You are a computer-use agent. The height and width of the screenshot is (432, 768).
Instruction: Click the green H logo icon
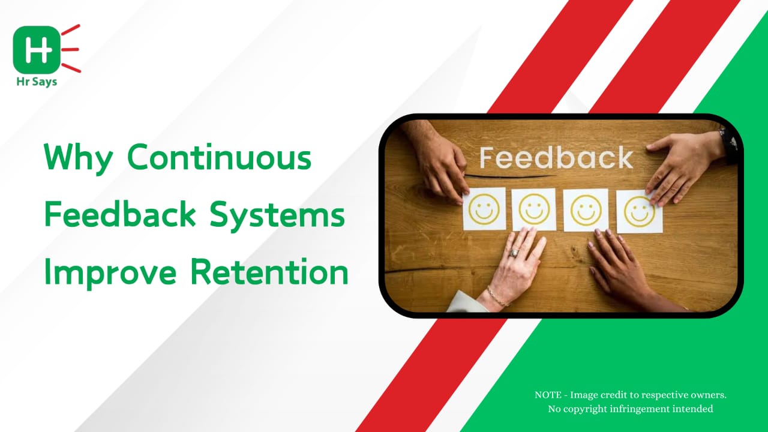37,50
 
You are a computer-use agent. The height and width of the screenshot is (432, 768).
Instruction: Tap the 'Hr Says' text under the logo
37,82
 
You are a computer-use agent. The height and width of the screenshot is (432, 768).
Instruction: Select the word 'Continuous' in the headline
219,157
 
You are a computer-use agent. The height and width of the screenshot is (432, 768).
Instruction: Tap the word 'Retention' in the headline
269,272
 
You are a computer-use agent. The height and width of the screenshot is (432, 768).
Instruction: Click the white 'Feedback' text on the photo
556,158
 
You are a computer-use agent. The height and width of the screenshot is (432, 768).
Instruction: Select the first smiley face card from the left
484,209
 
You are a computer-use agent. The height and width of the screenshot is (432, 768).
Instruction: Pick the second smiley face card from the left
534,209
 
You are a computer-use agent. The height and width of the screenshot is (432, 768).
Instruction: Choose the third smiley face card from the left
586,210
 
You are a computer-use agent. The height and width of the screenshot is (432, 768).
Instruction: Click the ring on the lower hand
514,253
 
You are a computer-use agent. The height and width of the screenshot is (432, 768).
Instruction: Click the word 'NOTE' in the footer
548,395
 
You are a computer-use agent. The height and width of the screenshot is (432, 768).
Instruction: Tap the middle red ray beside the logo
70,50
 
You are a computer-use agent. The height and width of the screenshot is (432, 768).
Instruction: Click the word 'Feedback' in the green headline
120,214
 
